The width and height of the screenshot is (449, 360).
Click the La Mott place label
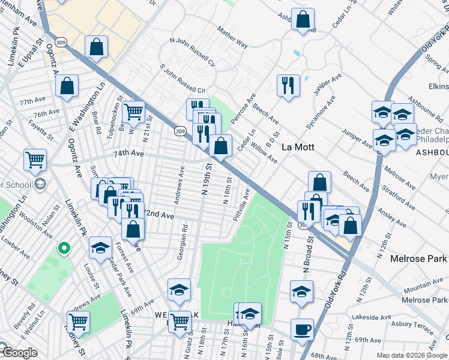[299, 147]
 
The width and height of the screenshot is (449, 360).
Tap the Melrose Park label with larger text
[418, 259]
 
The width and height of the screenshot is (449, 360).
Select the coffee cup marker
[302, 329]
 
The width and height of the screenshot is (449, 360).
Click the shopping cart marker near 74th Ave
[35, 160]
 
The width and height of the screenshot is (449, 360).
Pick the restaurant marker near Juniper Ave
[288, 85]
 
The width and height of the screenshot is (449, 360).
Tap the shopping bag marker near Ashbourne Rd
[303, 19]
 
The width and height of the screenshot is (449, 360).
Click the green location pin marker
[63, 247]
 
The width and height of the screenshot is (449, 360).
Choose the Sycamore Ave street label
[327, 113]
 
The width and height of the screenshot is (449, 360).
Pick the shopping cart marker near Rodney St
[78, 322]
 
